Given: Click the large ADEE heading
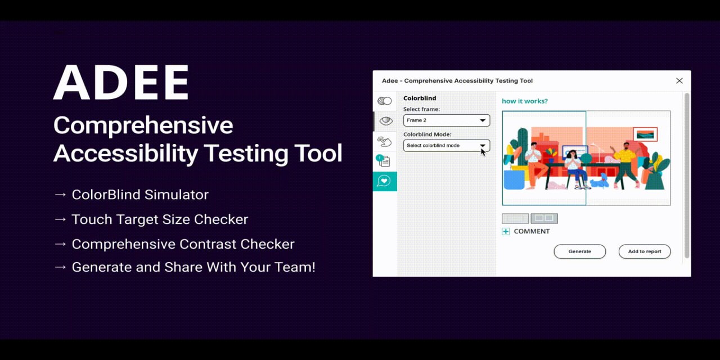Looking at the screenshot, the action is coord(121,82).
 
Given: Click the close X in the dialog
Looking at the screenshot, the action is coord(679,80).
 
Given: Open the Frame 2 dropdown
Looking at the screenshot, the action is coord(447,120).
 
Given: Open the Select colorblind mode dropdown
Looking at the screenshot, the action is coord(447,146).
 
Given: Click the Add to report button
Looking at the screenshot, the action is coord(645,251).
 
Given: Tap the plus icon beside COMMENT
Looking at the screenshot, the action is coord(506,231).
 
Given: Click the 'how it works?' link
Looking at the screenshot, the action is coord(525,101).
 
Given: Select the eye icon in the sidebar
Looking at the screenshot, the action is coord(386,121).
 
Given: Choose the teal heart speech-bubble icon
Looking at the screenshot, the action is coord(384,181).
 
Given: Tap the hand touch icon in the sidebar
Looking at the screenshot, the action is coord(384,141).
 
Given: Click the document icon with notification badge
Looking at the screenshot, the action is coord(384,161).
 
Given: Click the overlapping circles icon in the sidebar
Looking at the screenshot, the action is coord(384,101).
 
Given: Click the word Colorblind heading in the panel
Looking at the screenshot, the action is coord(420,98).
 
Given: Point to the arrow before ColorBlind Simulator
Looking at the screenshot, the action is coord(60,195).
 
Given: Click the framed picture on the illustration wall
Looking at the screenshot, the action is coord(645,134).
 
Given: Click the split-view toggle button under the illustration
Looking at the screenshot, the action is coord(544,219).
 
